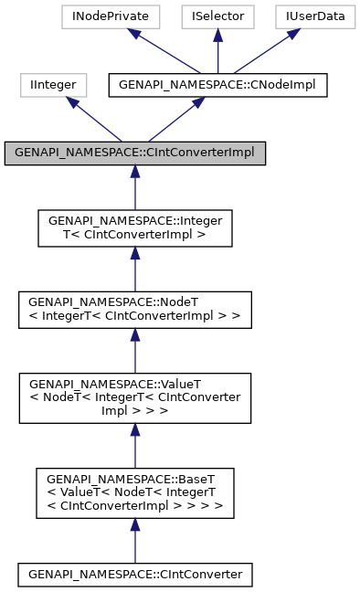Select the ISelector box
pos(217,16)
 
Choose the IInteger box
pos(54,85)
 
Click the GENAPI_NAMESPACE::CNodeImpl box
pos(217,85)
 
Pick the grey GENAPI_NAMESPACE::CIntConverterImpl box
pos(135,153)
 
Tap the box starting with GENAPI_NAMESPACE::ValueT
pos(135,397)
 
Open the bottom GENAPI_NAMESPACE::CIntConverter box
pos(135,575)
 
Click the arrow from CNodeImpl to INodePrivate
pos(164,51)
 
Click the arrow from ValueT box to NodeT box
pos(135,351)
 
